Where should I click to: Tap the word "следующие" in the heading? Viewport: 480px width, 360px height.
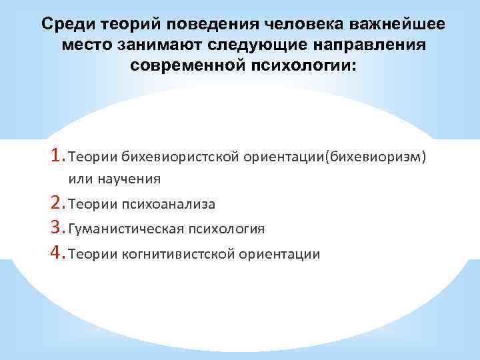point(245,46)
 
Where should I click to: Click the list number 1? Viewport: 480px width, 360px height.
point(57,155)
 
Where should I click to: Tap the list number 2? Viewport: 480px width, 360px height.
point(57,203)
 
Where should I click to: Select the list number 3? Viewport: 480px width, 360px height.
point(57,228)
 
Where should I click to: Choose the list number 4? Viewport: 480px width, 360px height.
point(57,253)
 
